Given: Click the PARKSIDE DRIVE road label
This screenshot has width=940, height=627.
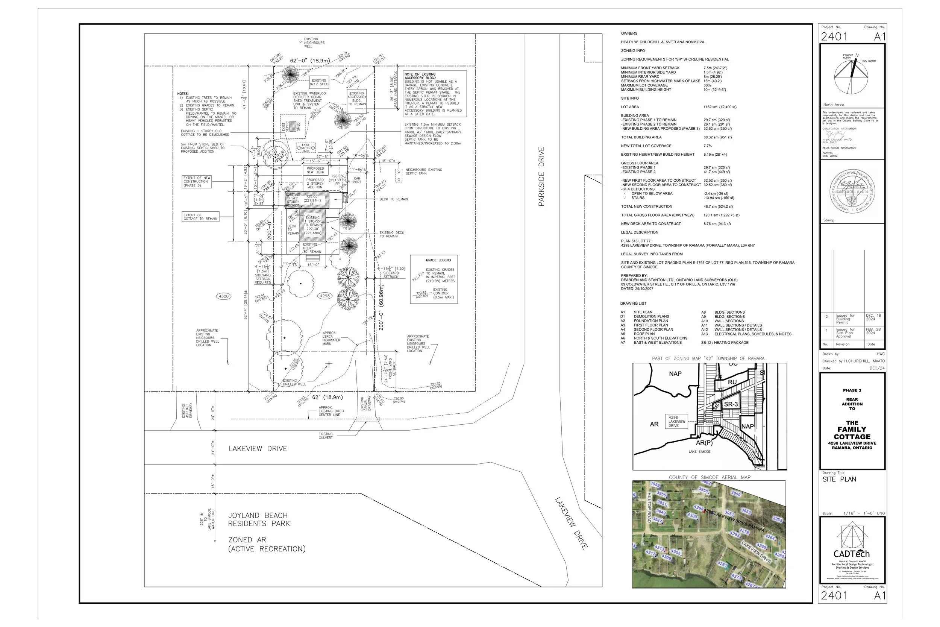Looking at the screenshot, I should tap(541, 177).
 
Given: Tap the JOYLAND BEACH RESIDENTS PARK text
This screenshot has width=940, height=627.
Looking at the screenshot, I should tap(259, 519).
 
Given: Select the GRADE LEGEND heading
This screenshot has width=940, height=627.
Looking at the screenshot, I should tap(438, 260).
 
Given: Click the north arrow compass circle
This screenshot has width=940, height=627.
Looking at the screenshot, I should tap(851, 76).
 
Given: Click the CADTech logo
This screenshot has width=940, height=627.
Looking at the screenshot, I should tap(852, 553).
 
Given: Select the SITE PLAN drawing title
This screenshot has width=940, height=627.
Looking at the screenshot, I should tap(839, 479).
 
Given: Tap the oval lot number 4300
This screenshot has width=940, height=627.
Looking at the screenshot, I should tap(223, 296).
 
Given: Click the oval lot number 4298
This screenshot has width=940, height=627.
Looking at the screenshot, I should tap(324, 296).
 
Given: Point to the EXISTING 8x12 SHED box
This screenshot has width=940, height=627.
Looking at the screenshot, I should tap(319, 82).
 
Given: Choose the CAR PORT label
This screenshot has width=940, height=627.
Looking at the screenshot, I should tap(357, 180).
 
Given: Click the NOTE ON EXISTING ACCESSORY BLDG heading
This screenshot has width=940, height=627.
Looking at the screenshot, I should tap(420, 76).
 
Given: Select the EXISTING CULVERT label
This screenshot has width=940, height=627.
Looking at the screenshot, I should tap(325, 436).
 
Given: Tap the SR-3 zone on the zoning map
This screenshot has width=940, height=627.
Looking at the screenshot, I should tap(731, 404).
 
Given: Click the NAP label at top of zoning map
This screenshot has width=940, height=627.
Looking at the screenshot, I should tap(675, 373).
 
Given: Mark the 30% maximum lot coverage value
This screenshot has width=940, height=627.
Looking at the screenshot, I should tap(707, 85).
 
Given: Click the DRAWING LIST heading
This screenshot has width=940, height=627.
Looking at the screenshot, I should tap(633, 304).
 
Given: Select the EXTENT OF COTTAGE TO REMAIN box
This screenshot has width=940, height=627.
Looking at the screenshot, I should tap(201, 217).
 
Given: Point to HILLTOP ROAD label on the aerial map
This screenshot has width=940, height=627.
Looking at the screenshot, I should tap(649, 507).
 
